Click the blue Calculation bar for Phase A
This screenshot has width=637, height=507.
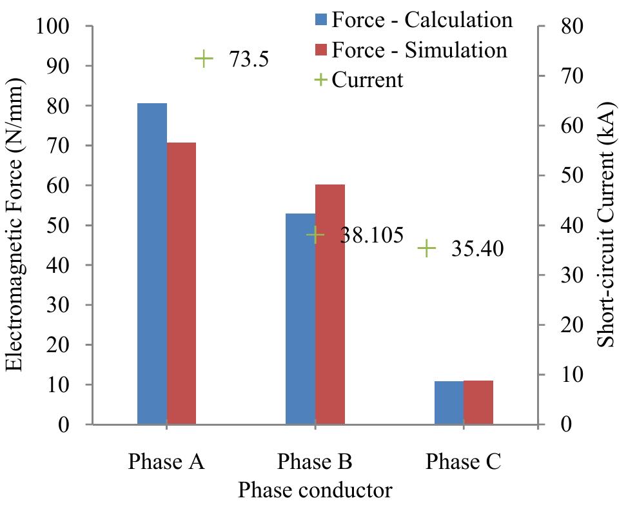coord(152,264)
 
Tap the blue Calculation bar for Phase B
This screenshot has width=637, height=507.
coord(300,319)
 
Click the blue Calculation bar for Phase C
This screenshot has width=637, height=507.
coord(449,403)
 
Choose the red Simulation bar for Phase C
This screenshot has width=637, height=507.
coord(478,403)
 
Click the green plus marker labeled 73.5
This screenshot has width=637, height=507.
coord(204,59)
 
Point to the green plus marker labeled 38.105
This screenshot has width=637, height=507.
coord(315,235)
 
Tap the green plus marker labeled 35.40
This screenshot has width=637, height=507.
coord(427,248)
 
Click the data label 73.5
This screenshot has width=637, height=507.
coord(248,59)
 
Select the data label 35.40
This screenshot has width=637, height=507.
coord(477,248)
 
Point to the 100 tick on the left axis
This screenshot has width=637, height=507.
coord(61,26)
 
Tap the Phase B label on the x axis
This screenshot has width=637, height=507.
coord(315,462)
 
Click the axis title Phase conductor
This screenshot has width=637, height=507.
coord(315,490)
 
